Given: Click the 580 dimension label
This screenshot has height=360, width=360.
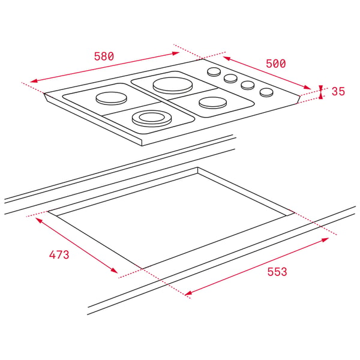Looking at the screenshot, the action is (x=104, y=56).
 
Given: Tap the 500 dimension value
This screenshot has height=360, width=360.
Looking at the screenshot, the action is (x=276, y=64).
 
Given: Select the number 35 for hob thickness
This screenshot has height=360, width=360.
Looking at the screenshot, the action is (x=338, y=91).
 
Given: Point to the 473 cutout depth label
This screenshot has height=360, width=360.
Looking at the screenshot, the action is (x=59, y=254).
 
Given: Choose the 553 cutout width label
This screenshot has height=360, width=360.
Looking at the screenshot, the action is (x=277, y=272).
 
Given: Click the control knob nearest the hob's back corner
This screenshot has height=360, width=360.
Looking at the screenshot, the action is (x=214, y=71).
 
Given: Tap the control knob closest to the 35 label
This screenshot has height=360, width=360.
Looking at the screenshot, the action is (x=266, y=92).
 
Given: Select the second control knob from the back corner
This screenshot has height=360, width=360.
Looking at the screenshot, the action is (x=230, y=78).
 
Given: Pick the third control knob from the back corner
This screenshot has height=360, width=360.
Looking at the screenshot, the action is (x=247, y=85).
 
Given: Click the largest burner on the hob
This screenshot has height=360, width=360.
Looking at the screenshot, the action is (x=172, y=85).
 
